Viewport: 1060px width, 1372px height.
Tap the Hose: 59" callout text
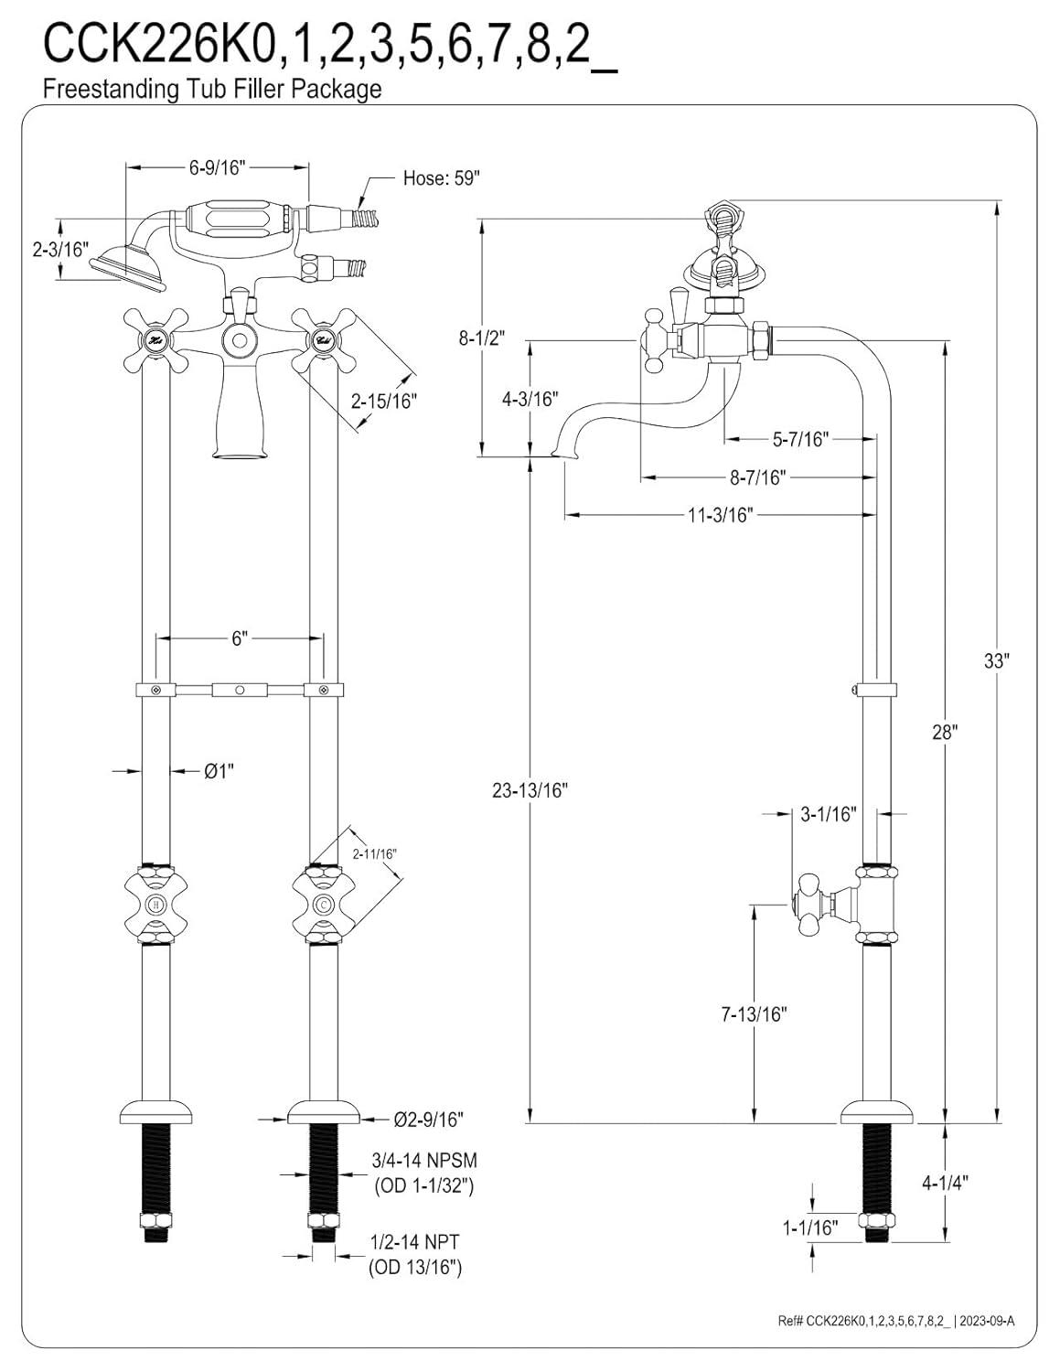(x=441, y=178)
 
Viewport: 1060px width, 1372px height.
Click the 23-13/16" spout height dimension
(x=530, y=790)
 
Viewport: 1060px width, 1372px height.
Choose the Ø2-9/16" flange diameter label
(x=428, y=1118)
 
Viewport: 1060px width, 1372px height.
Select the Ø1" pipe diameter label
(x=219, y=771)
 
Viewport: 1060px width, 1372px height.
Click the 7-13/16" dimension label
(x=754, y=1013)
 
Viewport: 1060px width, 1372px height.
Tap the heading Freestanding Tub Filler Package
(x=212, y=89)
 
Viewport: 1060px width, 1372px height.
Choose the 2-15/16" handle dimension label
(x=384, y=400)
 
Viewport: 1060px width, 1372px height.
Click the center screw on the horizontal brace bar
(x=240, y=689)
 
